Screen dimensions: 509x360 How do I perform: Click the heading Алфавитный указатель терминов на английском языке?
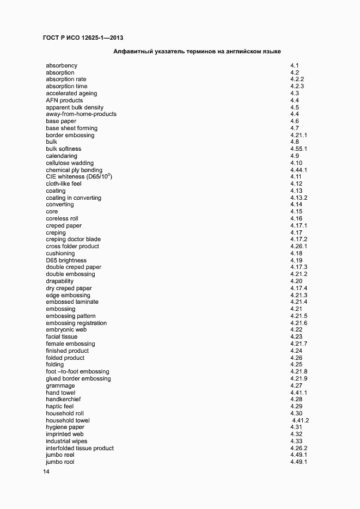pyautogui.click(x=197, y=52)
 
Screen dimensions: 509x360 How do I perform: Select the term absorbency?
pyautogui.click(x=62, y=66)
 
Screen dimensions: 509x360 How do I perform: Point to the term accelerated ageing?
pyautogui.click(x=71, y=94)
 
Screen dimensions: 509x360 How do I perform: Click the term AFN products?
pyautogui.click(x=64, y=101)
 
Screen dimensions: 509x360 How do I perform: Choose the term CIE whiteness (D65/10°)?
pyautogui.click(x=79, y=177)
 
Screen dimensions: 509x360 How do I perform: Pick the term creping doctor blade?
pyautogui.click(x=73, y=240)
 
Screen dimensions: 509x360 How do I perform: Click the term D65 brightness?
pyautogui.click(x=66, y=261)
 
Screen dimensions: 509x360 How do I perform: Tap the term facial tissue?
pyautogui.click(x=62, y=337)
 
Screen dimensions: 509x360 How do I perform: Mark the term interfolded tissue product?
pyautogui.click(x=80, y=449)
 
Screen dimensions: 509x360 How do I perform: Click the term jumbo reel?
pyautogui.click(x=60, y=455)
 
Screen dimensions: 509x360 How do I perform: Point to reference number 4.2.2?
pyautogui.click(x=297, y=79)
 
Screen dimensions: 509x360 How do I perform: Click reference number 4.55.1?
pyautogui.click(x=299, y=149)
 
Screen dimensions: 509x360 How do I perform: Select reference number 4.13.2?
pyautogui.click(x=299, y=198)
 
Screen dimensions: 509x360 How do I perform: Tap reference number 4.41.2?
pyautogui.click(x=301, y=421)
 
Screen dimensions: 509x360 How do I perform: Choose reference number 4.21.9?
pyautogui.click(x=299, y=379)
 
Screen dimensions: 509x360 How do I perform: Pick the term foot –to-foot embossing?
pyautogui.click(x=77, y=372)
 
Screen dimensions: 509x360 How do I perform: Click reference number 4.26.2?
pyautogui.click(x=299, y=449)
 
